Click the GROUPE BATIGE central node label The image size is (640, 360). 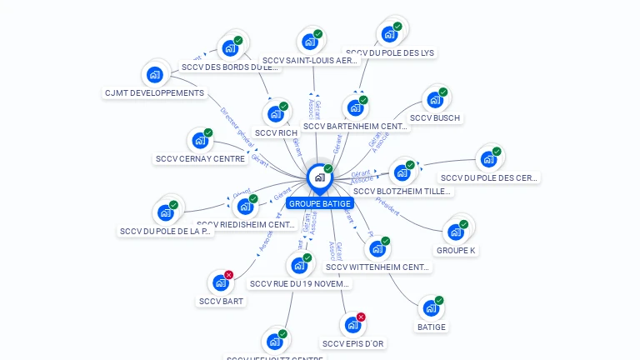pos(320,203)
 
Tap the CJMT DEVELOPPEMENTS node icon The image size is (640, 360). pos(154,75)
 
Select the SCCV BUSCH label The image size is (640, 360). pos(435,118)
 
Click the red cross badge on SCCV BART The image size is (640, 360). pos(229,275)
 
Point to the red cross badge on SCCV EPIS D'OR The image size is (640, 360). pos(361,317)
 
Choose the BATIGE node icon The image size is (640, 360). pos(431,308)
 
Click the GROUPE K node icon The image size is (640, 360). pos(455,232)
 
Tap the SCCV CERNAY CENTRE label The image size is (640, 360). pos(200,159)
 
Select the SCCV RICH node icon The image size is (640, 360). pos(275,114)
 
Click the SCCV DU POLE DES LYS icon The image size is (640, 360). pos(389,34)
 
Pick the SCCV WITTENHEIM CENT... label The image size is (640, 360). pos(377,267)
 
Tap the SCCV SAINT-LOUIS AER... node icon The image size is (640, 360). pos(310,42)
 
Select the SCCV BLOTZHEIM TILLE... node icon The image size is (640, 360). pos(402,173)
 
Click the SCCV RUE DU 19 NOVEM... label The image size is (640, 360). pos(300,284)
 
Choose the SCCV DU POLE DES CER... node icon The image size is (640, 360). pos(487,159)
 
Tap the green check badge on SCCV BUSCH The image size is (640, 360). pos(443,92)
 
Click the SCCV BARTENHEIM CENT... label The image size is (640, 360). pos(356,127)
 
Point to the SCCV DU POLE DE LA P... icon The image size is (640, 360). pos(165,213)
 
